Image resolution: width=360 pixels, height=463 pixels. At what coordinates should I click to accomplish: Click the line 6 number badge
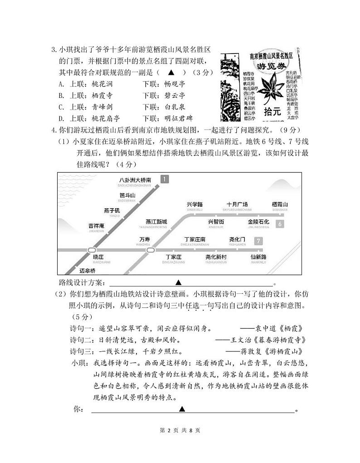[280, 224]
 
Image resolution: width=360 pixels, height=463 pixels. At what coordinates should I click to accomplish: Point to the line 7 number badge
[258, 241]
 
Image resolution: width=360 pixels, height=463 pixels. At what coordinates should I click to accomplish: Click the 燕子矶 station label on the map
[112, 210]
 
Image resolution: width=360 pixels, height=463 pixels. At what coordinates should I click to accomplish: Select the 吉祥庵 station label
[96, 225]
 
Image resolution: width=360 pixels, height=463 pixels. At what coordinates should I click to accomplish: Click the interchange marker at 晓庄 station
[92, 250]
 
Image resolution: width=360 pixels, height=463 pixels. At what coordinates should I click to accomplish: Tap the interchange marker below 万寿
[148, 250]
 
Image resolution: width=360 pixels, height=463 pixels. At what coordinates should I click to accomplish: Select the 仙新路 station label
[258, 257]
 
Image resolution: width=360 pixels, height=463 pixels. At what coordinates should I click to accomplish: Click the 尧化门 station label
[237, 239]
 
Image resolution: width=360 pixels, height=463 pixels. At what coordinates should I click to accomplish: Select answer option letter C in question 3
[61, 107]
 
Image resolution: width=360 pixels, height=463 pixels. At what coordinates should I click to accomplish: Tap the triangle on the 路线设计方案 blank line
[178, 283]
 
